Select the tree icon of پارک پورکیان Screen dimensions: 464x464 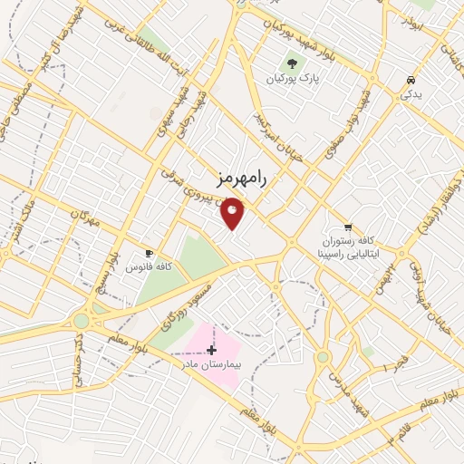(292, 63)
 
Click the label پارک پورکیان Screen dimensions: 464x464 (294, 79)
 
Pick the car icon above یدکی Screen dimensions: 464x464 (411, 78)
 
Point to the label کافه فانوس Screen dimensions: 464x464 (151, 267)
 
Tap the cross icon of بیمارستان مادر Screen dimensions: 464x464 (212, 349)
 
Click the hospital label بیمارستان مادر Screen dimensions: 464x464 (207, 364)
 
